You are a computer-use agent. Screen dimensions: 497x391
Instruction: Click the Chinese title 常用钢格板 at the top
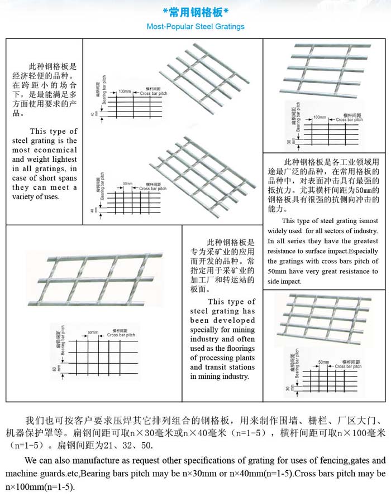(195, 12)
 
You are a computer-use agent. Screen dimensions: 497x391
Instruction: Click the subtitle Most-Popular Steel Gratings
(195, 26)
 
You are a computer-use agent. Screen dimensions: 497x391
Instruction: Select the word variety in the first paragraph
(24, 196)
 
